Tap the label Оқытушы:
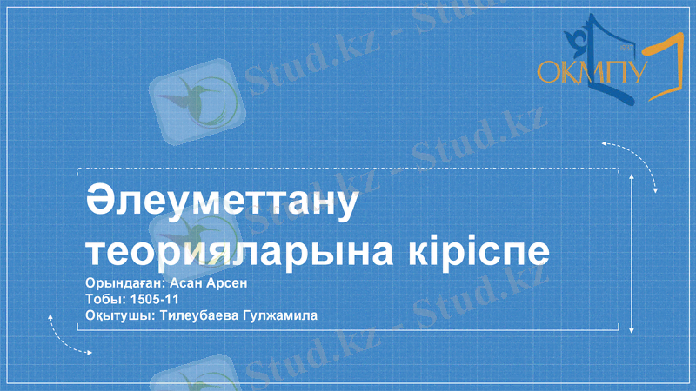pyautogui.click(x=117, y=316)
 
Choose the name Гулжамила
pyautogui.click(x=284, y=316)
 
